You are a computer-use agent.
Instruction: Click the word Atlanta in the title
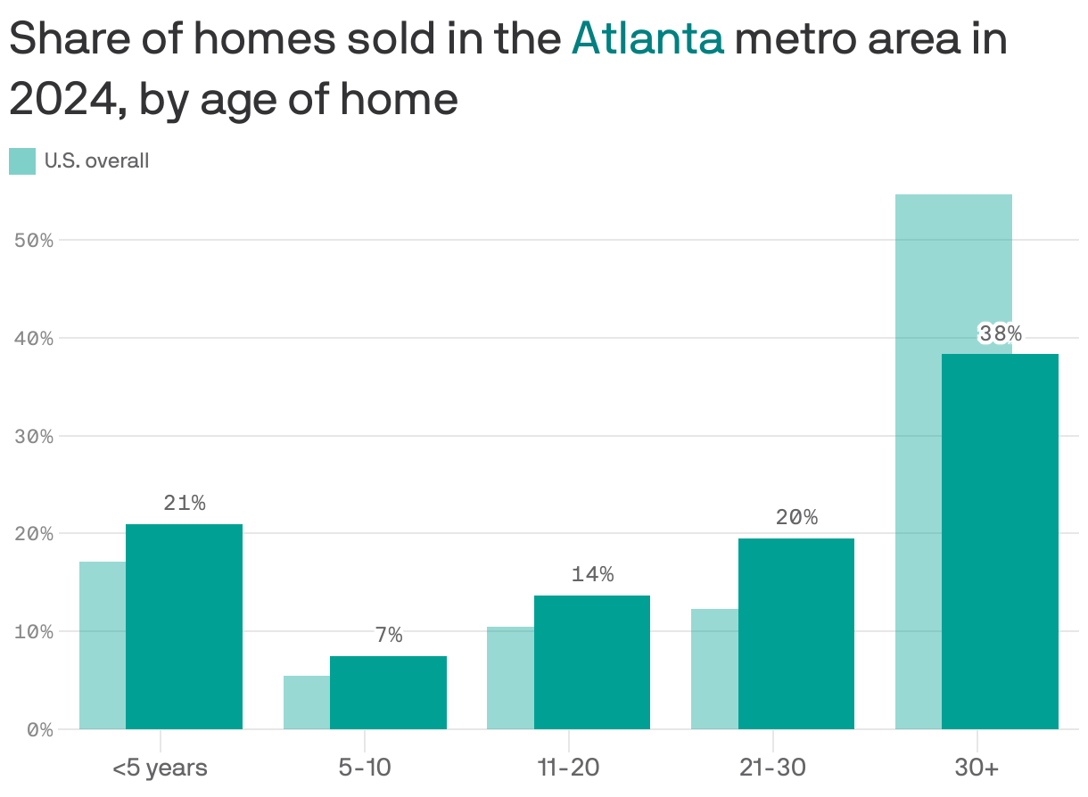647,40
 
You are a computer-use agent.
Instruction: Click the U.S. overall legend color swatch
22,161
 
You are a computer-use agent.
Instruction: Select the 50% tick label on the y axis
34,241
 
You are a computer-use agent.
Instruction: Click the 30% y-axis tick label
34,436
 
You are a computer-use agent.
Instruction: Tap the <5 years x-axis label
161,767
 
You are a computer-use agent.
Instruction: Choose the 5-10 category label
365,767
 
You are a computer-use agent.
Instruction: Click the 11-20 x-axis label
568,767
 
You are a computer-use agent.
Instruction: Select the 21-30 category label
772,767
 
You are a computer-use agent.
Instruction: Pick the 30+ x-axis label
977,767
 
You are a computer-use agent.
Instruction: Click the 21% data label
185,503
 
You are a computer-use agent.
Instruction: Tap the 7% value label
389,635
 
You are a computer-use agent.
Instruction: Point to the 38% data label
1000,333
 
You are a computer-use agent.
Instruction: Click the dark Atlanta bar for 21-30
795,633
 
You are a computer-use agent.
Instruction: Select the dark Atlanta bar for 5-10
388,693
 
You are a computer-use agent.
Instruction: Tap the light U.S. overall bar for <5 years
103,645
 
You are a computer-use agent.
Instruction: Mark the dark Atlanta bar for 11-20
591,661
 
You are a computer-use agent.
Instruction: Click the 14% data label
592,574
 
